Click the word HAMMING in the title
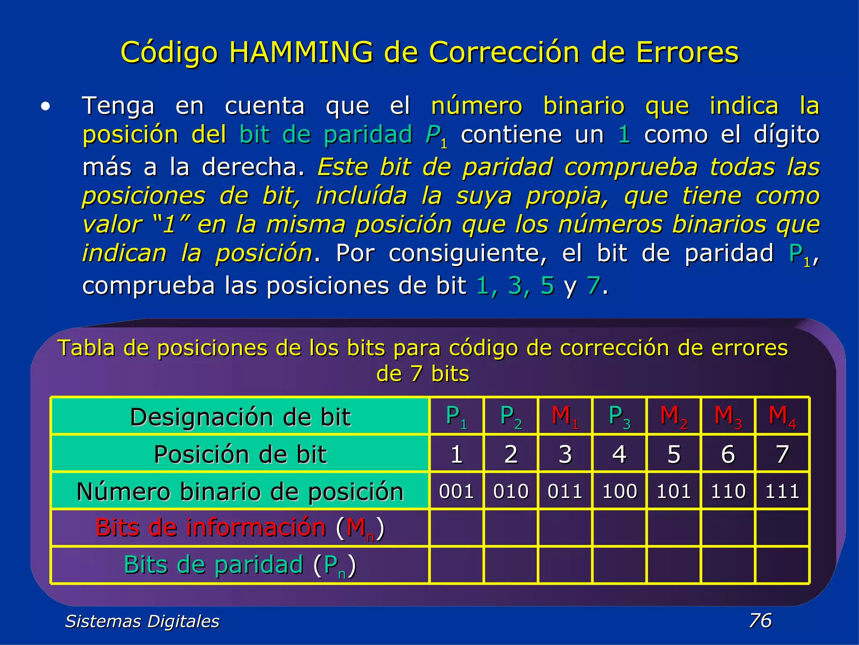coord(301,52)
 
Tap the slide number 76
coord(760,620)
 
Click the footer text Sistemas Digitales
coord(142,621)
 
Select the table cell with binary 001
coord(456,491)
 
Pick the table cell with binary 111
coord(782,491)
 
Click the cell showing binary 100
coord(620,491)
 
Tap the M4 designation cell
coord(782,416)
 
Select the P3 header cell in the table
coord(620,416)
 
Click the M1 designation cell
coord(565,416)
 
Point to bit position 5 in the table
coord(674,454)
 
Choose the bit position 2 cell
coord(511,454)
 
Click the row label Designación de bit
coord(240,417)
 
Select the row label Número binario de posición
coord(240,491)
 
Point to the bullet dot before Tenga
coord(45,107)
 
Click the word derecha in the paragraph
coord(252,167)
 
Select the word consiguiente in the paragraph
coord(468,253)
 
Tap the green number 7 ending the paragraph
coord(593,286)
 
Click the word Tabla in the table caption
coord(86,348)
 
